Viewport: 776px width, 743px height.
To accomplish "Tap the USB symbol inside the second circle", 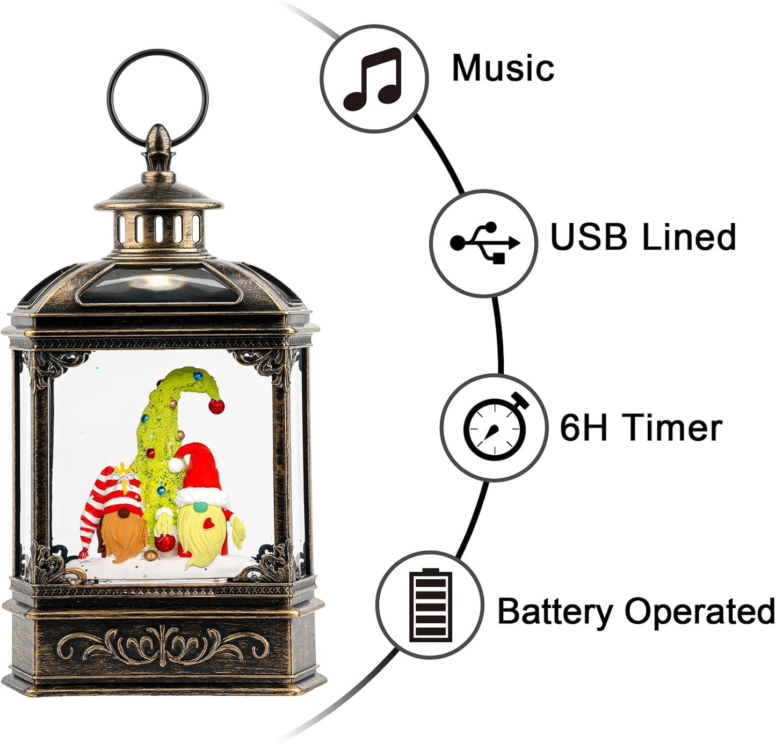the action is [x=484, y=243].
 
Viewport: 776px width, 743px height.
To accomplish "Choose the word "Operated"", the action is [x=699, y=612].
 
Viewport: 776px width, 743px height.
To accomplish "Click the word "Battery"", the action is [x=555, y=612].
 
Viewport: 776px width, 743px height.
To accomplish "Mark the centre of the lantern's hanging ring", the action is [x=158, y=97].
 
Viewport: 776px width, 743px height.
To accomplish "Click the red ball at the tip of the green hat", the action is [x=216, y=406].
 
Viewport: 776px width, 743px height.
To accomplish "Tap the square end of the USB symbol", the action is [x=499, y=258].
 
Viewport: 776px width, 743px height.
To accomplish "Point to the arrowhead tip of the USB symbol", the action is [x=520, y=242].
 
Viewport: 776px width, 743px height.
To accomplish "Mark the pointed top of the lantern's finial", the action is [x=157, y=126].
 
